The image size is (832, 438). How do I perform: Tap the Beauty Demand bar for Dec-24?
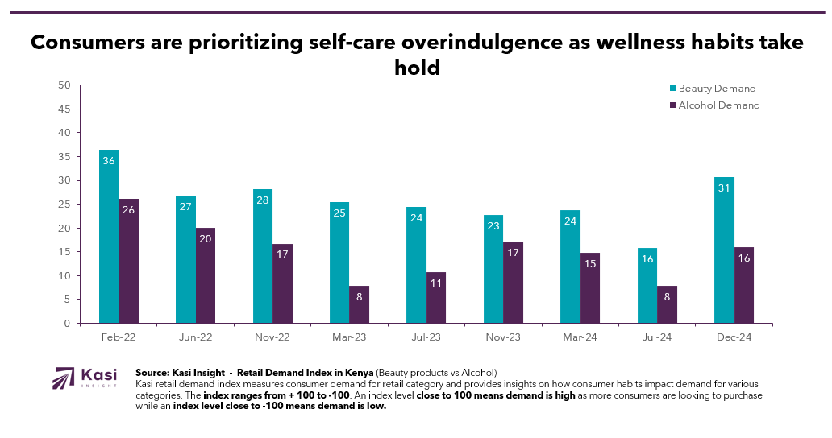(x=724, y=250)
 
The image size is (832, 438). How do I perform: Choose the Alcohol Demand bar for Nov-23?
(x=514, y=282)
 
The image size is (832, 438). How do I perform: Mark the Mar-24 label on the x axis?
(x=580, y=337)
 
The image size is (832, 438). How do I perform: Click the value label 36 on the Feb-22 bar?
(x=109, y=161)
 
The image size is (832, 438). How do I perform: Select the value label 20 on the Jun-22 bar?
(x=206, y=239)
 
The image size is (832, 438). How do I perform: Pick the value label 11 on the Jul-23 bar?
(x=436, y=283)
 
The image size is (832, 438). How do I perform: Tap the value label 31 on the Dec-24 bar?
(x=724, y=188)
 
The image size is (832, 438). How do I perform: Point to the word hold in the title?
(x=417, y=68)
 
